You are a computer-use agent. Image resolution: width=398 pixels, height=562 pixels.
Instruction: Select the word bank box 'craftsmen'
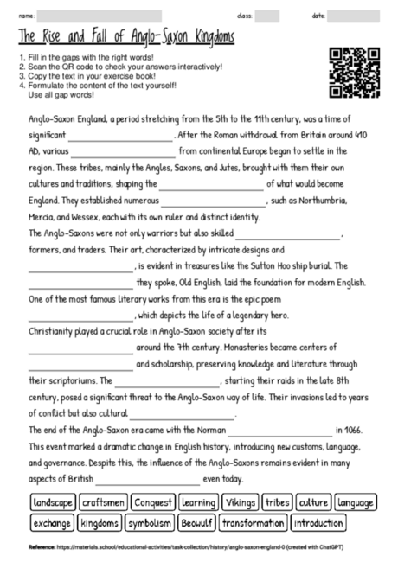(x=104, y=503)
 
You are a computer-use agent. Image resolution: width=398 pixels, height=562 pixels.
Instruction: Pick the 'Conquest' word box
(x=153, y=503)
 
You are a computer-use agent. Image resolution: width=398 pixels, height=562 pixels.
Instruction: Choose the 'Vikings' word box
(x=240, y=503)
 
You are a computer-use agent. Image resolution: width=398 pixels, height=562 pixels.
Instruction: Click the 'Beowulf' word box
(x=196, y=524)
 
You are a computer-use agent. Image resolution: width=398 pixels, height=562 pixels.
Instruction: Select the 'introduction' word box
(x=318, y=524)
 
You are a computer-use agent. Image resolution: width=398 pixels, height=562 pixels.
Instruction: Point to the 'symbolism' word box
(x=150, y=524)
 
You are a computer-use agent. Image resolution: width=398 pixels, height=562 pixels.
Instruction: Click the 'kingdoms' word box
(x=99, y=524)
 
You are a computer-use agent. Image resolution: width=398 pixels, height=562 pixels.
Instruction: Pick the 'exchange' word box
(x=52, y=524)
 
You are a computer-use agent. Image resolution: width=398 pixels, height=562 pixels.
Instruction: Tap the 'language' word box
(x=355, y=503)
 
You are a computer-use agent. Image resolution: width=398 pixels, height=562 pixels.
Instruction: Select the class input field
(x=267, y=16)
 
